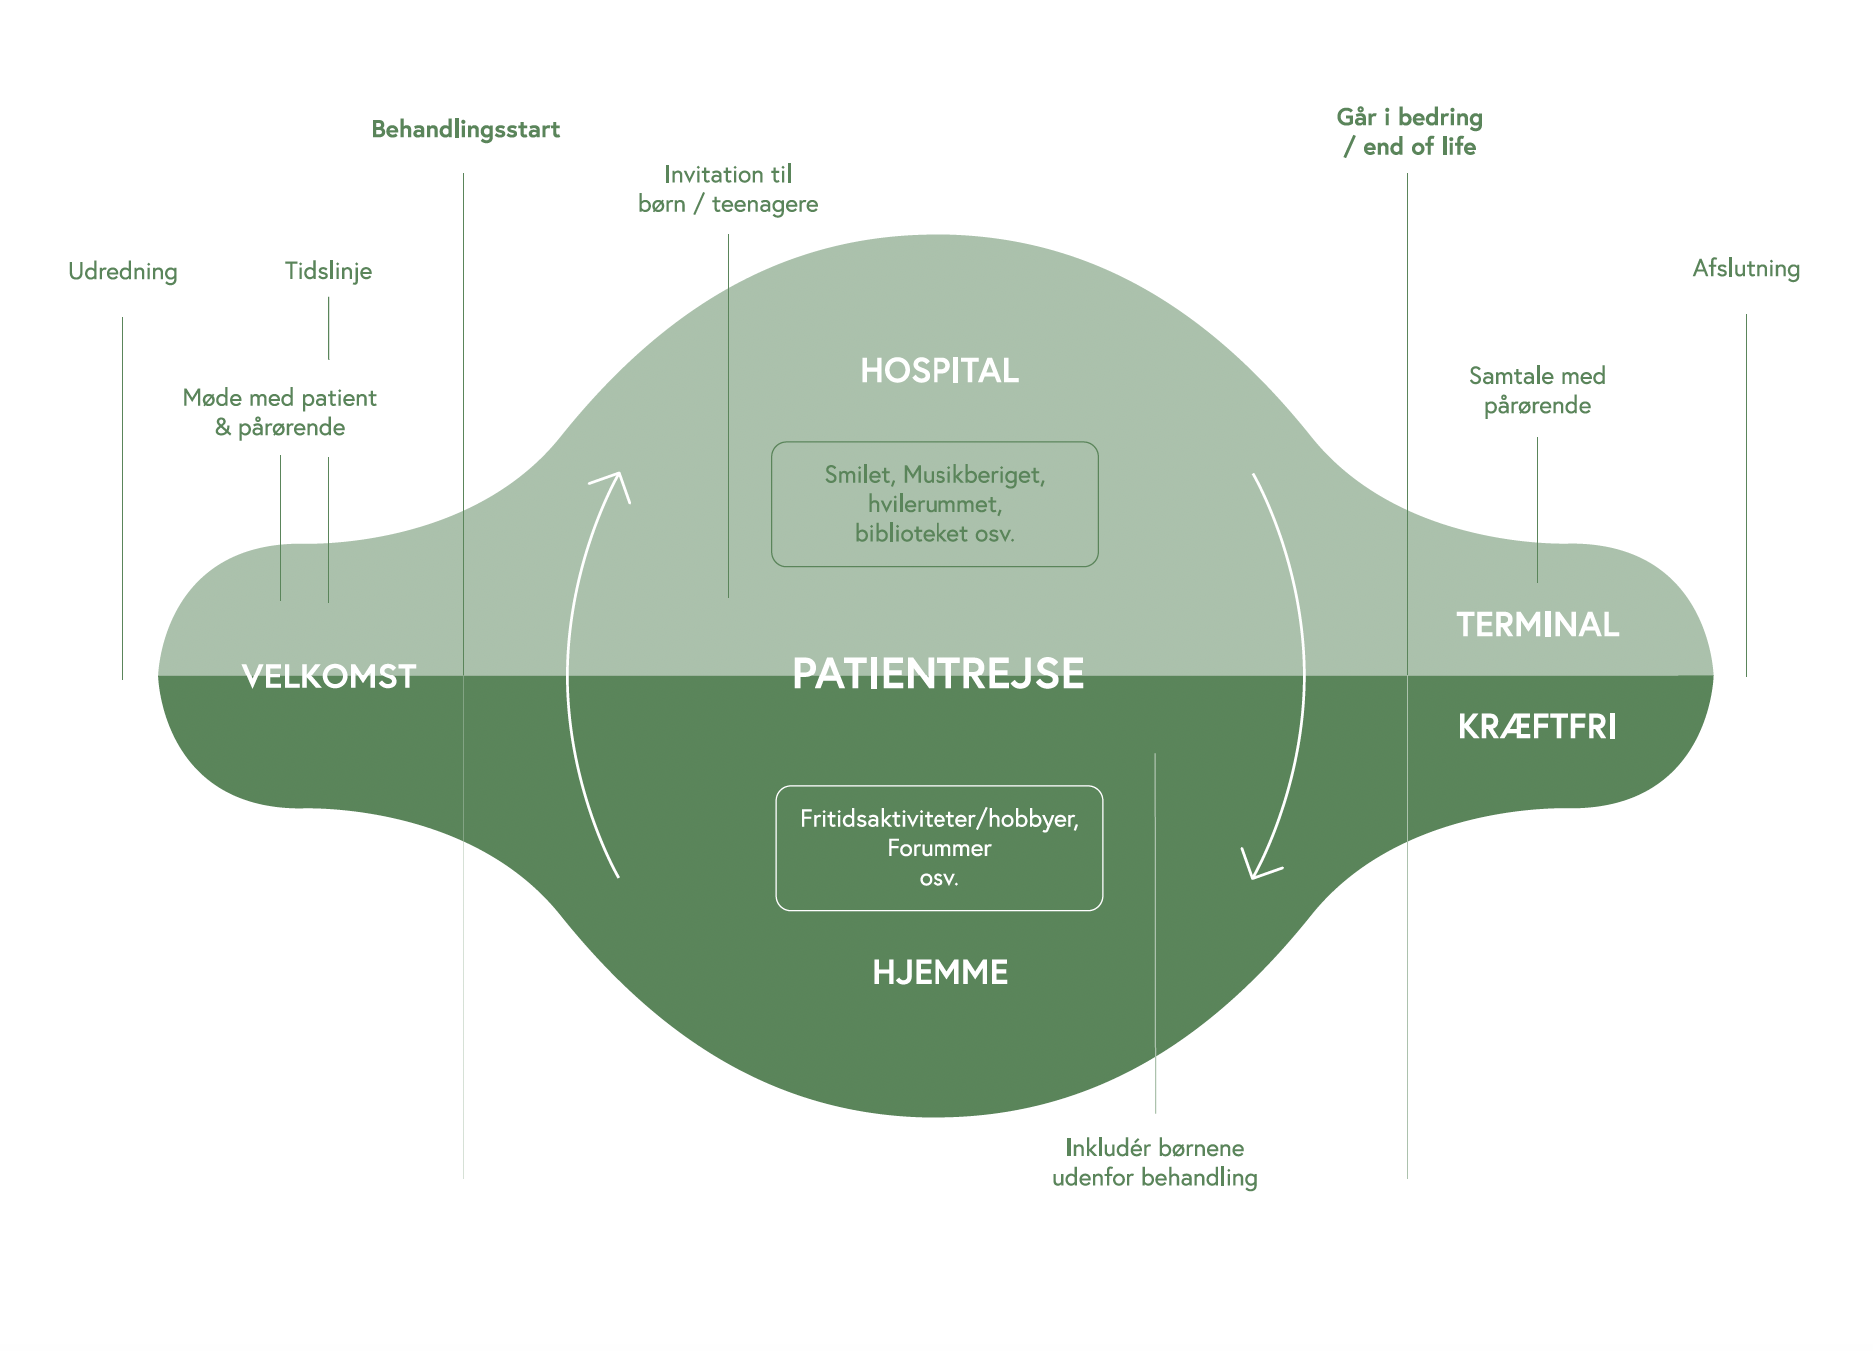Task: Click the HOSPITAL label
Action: [x=939, y=371]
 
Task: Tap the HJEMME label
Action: [x=939, y=972]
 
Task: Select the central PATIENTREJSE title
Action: [x=937, y=674]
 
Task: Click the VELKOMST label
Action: [x=329, y=676]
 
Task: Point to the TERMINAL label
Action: [x=1537, y=625]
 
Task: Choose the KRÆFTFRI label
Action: [x=1537, y=727]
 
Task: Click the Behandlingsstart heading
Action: [x=465, y=130]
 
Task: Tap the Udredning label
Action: [x=123, y=271]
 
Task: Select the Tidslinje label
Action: [x=328, y=271]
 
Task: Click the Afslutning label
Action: [x=1746, y=268]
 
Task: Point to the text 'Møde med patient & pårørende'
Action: [x=280, y=413]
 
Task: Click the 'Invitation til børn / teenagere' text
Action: [x=728, y=189]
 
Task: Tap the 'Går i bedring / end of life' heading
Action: [x=1409, y=132]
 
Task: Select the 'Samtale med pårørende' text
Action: [x=1537, y=391]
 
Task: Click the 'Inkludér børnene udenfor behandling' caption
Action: [x=1154, y=1163]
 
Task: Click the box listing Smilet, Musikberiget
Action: [x=935, y=504]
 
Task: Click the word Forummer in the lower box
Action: [x=939, y=849]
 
